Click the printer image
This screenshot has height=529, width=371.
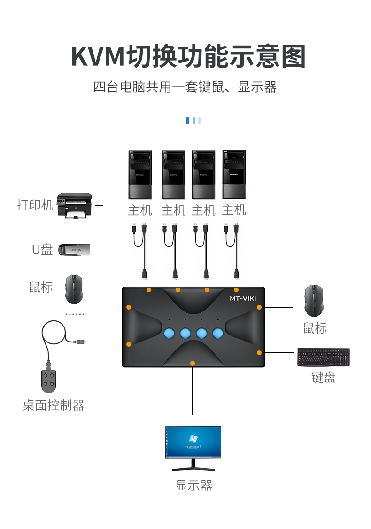point(74,205)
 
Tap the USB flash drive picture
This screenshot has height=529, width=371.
point(74,249)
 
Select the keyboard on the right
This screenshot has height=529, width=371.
point(324,357)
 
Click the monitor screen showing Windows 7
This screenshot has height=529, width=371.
point(193,442)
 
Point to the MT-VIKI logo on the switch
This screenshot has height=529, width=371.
point(243,299)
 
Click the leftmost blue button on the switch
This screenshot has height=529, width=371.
point(170,333)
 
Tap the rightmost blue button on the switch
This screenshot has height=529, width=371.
point(218,333)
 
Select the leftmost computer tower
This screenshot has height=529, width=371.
point(140,175)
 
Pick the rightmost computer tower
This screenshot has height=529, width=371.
point(234,175)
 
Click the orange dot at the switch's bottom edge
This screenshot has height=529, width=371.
point(192,363)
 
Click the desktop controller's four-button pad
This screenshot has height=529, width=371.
point(48,381)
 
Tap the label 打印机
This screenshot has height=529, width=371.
point(35,205)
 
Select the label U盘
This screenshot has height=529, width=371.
point(42,249)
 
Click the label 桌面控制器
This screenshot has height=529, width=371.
point(53,405)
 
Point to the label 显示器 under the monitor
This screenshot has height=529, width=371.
point(193,485)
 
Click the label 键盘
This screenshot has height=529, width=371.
point(324,377)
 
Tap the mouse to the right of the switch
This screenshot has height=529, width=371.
point(314,301)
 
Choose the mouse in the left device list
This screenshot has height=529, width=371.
point(74,289)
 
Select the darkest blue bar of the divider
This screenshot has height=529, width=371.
point(187,120)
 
